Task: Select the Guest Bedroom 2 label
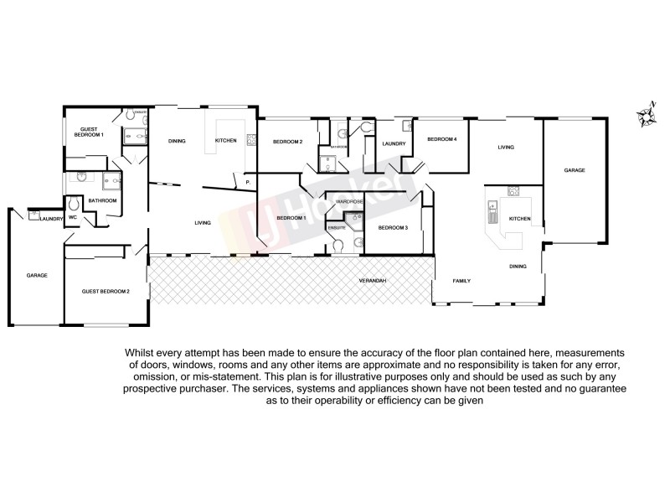coord(106,291)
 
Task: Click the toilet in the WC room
coord(74,204)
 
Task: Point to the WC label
coord(73,218)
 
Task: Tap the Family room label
coord(462,280)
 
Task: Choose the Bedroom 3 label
coord(392,228)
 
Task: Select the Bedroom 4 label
coord(441,139)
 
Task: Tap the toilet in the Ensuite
coord(338,245)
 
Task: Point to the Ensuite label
coord(337,227)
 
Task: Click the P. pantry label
coord(248,182)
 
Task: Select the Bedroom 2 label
coord(287,142)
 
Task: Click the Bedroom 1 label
coord(291,218)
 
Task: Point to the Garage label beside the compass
coord(574,170)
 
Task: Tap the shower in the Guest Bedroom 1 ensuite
coord(132,136)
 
